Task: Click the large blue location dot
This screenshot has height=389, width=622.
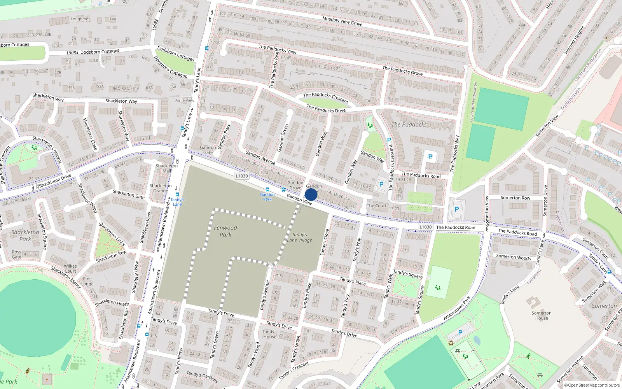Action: click(x=311, y=194)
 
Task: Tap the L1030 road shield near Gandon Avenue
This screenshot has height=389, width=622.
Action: click(x=241, y=176)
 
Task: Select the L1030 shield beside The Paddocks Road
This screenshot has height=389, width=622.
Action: click(x=425, y=227)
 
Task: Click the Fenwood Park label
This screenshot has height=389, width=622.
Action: click(x=225, y=231)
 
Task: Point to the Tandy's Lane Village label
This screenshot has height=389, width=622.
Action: click(x=299, y=237)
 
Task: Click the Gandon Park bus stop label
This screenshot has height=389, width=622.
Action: click(x=267, y=197)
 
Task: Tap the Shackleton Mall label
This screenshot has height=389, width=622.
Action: click(x=167, y=168)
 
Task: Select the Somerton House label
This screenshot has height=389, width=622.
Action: click(x=542, y=315)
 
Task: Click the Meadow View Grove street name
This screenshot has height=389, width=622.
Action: click(x=342, y=21)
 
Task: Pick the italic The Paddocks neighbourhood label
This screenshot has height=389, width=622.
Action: click(x=409, y=124)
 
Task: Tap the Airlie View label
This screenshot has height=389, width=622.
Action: click(x=185, y=100)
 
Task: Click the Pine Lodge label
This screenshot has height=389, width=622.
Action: click(x=87, y=281)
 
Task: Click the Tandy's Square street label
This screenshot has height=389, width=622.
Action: click(x=408, y=274)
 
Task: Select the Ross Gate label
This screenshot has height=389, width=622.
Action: click(x=17, y=254)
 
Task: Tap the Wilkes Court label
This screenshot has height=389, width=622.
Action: click(x=70, y=269)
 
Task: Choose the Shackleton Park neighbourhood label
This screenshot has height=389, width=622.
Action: click(x=25, y=235)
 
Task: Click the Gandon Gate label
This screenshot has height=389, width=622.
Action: click(x=208, y=150)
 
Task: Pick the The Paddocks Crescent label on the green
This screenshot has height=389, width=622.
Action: click(x=326, y=97)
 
